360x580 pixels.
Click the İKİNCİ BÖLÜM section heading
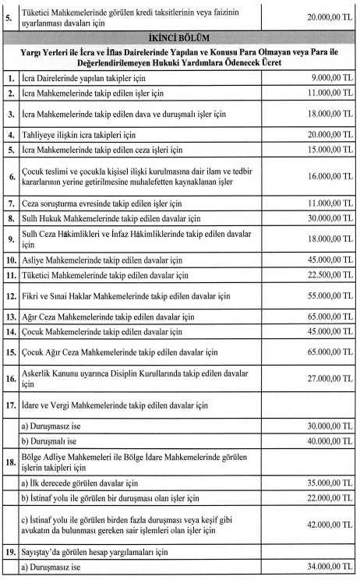180,37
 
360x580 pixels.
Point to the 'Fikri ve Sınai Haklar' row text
125,297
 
